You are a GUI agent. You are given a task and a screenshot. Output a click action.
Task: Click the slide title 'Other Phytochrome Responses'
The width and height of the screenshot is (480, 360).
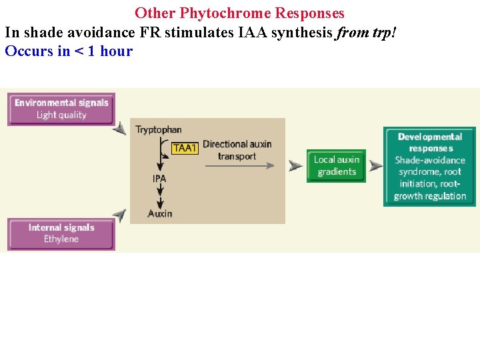pyautogui.click(x=239, y=13)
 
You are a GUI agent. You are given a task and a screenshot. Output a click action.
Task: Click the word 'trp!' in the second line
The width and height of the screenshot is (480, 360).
pyautogui.click(x=390, y=32)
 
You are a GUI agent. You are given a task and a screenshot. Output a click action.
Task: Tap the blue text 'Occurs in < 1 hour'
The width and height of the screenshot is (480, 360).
pyautogui.click(x=69, y=51)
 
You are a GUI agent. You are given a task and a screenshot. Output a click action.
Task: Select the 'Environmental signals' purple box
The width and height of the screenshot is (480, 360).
pyautogui.click(x=61, y=109)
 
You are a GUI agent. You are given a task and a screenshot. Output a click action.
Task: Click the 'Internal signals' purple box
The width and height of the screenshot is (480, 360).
pyautogui.click(x=61, y=233)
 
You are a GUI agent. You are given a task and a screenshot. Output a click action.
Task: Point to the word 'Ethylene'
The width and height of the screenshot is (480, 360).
pyautogui.click(x=61, y=239)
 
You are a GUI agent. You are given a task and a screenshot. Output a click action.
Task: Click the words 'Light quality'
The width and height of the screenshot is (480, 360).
pyautogui.click(x=61, y=115)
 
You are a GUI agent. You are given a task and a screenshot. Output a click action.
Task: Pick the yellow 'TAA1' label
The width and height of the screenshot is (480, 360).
pyautogui.click(x=185, y=148)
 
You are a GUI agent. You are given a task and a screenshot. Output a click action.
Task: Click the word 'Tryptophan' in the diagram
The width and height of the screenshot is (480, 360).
pyautogui.click(x=159, y=129)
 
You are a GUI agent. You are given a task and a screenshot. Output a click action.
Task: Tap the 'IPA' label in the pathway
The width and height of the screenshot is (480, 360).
pyautogui.click(x=159, y=178)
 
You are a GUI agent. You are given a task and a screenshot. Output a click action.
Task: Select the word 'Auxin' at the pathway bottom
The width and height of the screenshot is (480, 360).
pyautogui.click(x=160, y=213)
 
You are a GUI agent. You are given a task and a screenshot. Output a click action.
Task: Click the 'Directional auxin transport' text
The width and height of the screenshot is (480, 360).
pyautogui.click(x=237, y=150)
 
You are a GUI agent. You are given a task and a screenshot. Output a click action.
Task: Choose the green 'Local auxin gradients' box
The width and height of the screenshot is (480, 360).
pyautogui.click(x=336, y=165)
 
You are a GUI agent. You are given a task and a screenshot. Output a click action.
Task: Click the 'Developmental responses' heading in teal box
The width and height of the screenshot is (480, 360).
pyautogui.click(x=430, y=142)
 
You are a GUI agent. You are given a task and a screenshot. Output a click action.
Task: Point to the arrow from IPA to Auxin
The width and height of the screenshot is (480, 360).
pyautogui.click(x=160, y=195)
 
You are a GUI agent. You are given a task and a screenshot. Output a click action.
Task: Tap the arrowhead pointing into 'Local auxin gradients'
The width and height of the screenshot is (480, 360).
pyautogui.click(x=295, y=165)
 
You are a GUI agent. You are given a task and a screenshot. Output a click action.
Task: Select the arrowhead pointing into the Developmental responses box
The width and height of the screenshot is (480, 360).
pyautogui.click(x=376, y=165)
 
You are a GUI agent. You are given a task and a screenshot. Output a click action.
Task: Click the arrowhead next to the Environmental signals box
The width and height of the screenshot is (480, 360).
pyautogui.click(x=119, y=129)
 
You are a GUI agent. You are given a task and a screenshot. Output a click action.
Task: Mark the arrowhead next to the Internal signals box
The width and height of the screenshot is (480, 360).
pyautogui.click(x=119, y=215)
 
